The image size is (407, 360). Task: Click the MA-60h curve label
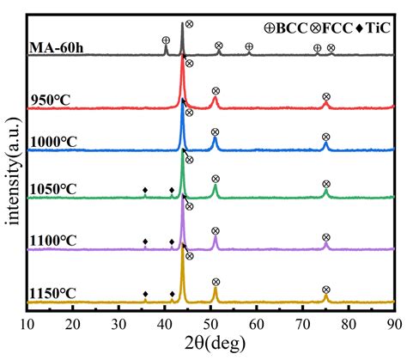57,47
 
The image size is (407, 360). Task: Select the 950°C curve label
51,100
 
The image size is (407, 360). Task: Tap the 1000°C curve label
53,142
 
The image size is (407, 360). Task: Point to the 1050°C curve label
53,189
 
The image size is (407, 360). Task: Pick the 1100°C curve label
53,241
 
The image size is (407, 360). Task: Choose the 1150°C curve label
53,293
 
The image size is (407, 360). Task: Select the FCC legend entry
331,28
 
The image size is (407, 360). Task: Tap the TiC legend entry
373,28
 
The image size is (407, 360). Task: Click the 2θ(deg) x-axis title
215,343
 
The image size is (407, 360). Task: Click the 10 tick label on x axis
27,325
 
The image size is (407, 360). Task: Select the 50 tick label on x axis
210,325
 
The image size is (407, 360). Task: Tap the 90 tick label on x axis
394,325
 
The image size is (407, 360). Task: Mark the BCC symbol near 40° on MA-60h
166,40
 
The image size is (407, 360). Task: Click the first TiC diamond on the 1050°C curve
145,190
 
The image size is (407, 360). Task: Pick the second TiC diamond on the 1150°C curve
172,294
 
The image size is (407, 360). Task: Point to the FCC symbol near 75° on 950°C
326,97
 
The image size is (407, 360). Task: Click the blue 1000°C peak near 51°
215,143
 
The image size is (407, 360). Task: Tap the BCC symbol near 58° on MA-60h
249,46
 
